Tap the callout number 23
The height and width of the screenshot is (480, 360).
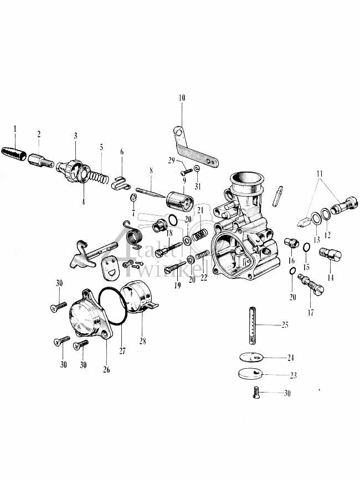pos(292,375)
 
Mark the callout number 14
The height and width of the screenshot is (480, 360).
pos(331,278)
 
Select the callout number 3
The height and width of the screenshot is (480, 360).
pos(75,136)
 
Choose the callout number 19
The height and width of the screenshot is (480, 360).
pos(177,286)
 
